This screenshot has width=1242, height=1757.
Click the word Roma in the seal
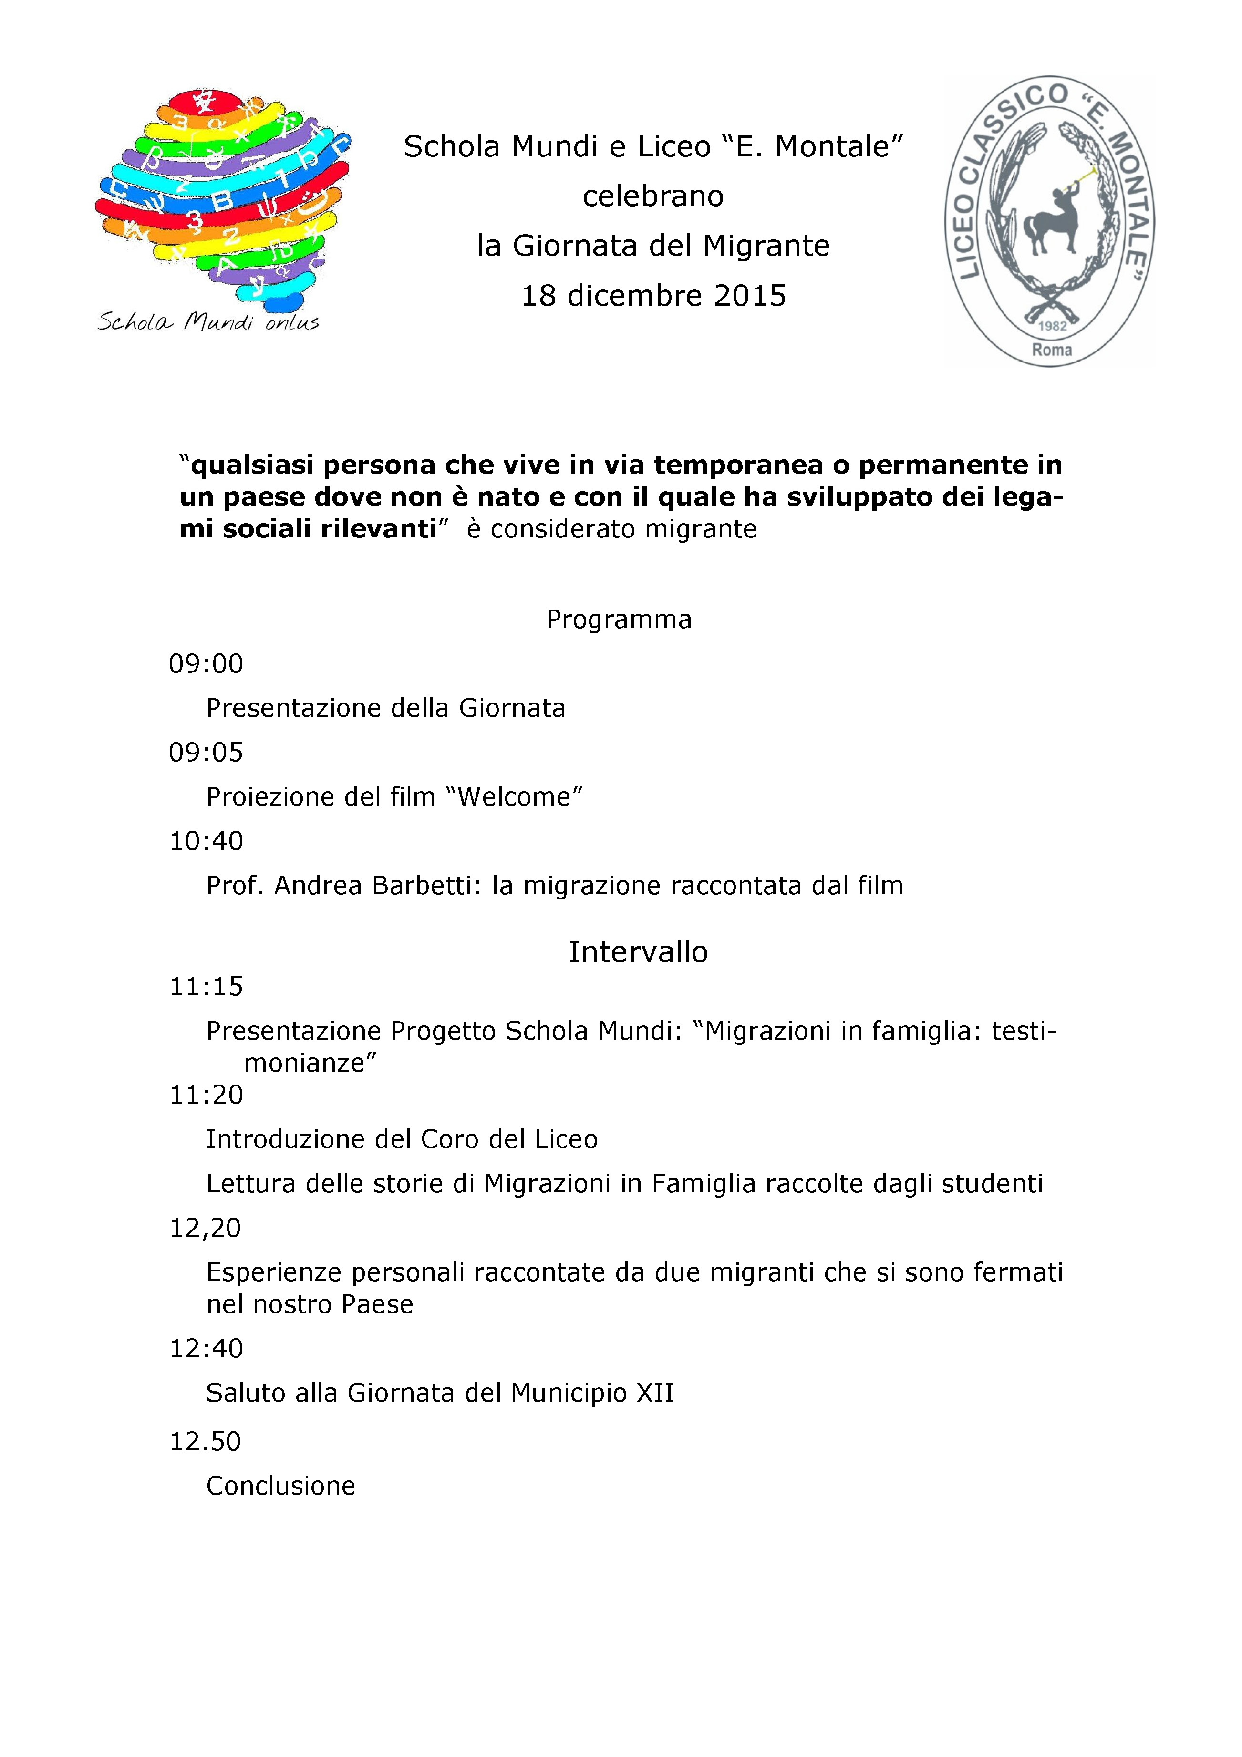coord(1052,351)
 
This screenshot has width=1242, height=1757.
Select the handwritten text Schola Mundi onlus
coord(208,322)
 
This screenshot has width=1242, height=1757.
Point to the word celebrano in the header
coord(653,196)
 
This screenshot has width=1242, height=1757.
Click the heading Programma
coord(619,619)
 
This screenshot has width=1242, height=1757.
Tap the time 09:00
coord(206,663)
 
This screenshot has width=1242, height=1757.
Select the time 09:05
coord(206,752)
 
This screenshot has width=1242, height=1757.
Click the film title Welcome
coord(520,796)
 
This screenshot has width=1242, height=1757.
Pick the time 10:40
coord(206,841)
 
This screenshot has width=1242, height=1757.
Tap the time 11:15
coord(206,986)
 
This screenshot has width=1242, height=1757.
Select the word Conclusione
coord(281,1486)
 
